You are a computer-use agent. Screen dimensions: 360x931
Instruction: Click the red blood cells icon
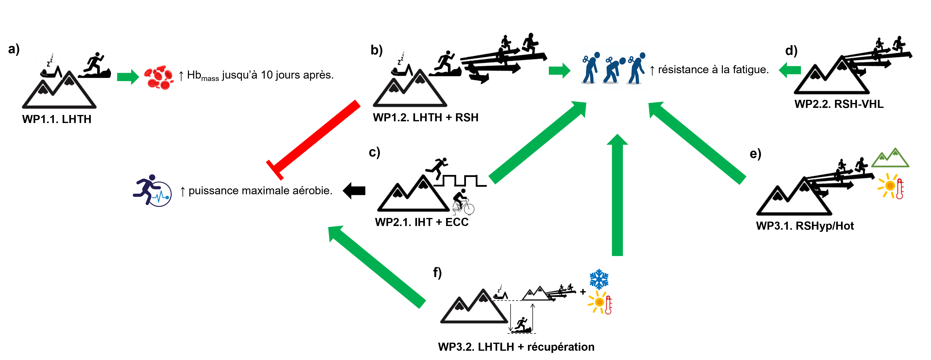pyautogui.click(x=159, y=77)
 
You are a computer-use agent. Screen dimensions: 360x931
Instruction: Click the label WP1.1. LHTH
pyautogui.click(x=57, y=119)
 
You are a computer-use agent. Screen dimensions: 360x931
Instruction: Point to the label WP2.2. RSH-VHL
pyautogui.click(x=839, y=104)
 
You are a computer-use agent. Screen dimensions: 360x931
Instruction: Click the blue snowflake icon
pyautogui.click(x=599, y=279)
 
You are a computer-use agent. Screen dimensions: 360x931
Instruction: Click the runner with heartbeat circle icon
pyautogui.click(x=152, y=190)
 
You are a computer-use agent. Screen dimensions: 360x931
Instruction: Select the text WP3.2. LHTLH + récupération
pyautogui.click(x=516, y=347)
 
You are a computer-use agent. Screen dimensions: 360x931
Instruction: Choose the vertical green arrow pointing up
pyautogui.click(x=617, y=195)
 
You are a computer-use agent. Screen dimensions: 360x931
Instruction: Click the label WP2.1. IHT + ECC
pyautogui.click(x=422, y=222)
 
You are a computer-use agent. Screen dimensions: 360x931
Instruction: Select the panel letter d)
pyautogui.click(x=791, y=51)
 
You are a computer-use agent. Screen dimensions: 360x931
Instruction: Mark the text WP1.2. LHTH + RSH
pyautogui.click(x=425, y=117)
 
